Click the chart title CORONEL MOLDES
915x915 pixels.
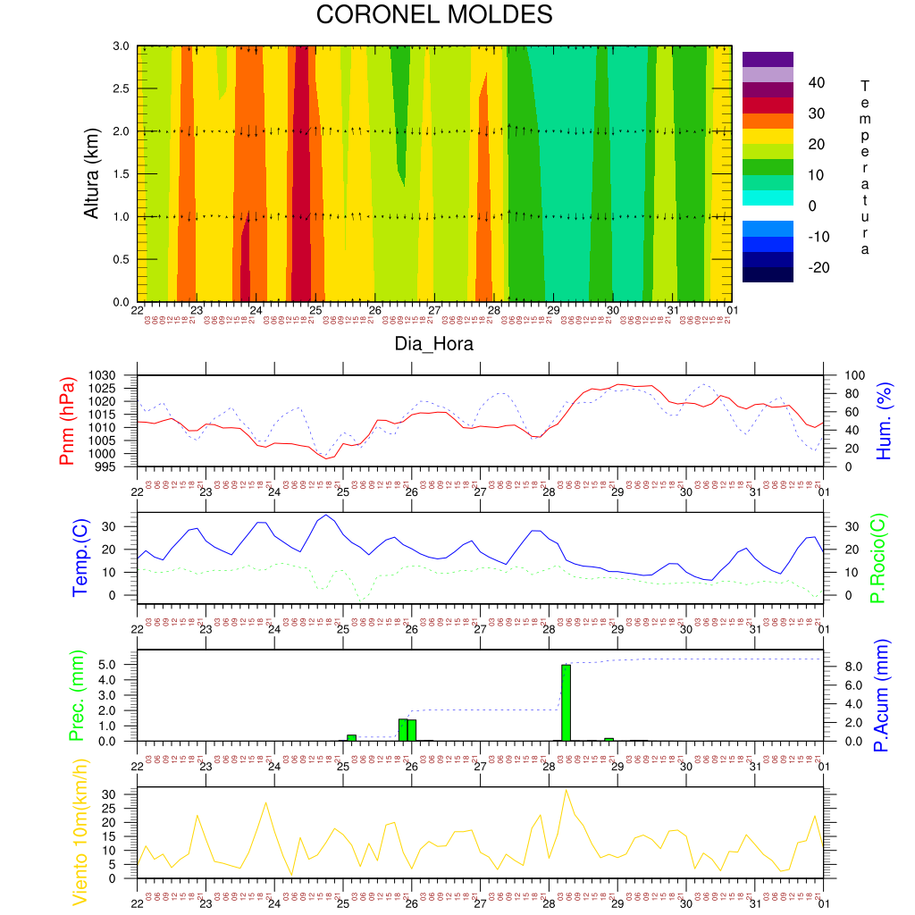(x=434, y=15)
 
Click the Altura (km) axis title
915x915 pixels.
(x=90, y=173)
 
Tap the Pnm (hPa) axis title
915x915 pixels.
(x=67, y=421)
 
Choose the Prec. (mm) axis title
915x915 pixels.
(x=75, y=695)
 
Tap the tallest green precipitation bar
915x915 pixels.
(x=566, y=702)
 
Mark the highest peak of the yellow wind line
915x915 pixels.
(x=566, y=790)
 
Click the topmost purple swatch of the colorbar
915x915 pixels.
(x=768, y=59)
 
